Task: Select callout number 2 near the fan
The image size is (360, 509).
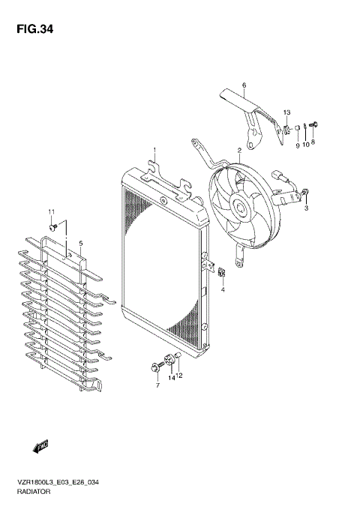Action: point(238,151)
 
